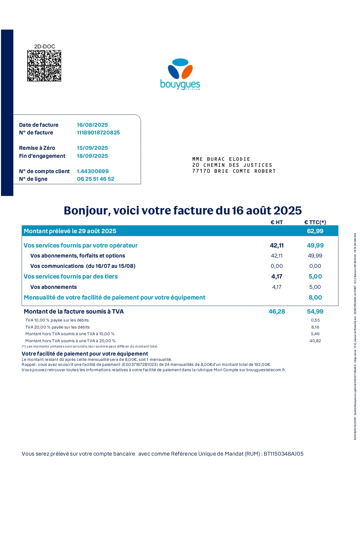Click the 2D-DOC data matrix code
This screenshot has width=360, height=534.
44,66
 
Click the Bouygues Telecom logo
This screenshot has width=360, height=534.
180,74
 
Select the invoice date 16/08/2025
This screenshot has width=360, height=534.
92,125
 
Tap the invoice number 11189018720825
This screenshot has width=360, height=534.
98,132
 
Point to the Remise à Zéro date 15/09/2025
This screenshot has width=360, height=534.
92,148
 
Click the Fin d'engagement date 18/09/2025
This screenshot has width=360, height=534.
92,156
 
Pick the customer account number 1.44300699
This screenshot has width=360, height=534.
93,171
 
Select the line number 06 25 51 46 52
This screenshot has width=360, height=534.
95,179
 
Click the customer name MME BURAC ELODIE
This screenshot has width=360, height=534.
221,159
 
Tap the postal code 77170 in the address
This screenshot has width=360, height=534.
201,171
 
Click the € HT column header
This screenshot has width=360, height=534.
277,222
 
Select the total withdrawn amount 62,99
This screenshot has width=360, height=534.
315,231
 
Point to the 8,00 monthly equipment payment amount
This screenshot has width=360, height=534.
315,298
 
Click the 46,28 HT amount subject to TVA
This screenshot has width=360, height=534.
277,312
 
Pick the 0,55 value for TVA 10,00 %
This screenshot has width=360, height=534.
315,320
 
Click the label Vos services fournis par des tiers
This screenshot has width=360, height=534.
71,277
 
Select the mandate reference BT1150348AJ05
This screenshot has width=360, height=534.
283,454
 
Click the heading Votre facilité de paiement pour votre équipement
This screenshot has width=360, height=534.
85,354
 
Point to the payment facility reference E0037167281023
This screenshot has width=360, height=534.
140,365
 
